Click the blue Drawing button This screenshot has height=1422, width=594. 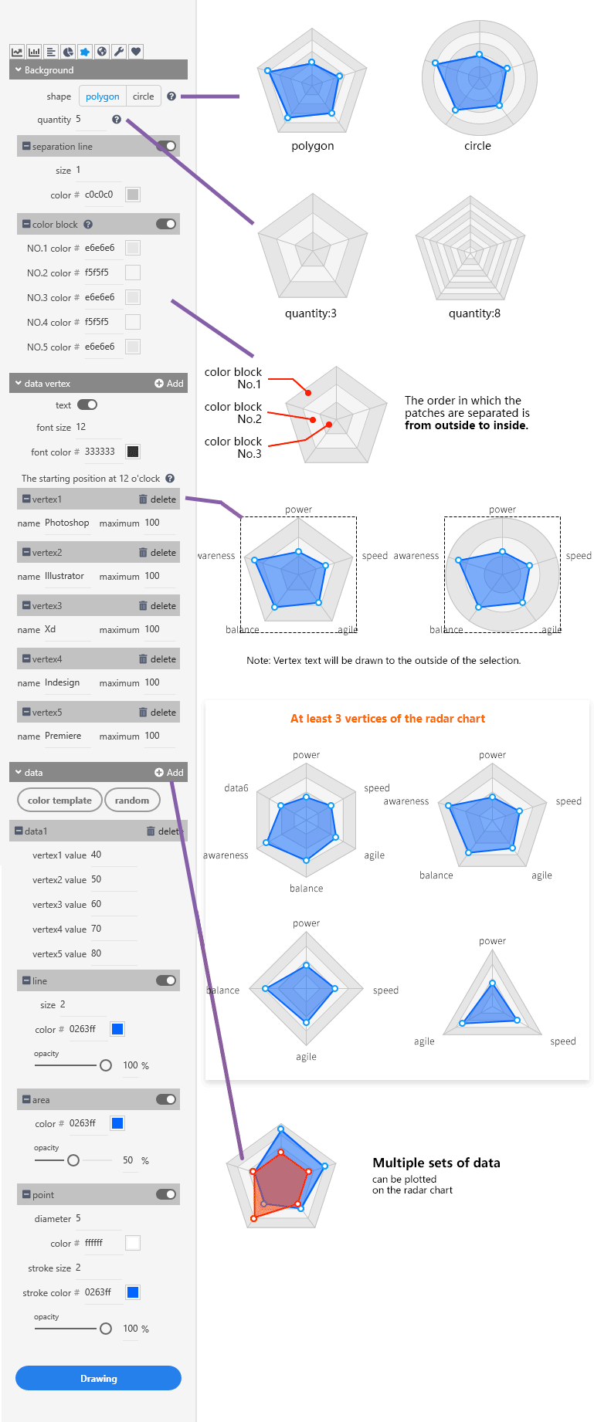98,1378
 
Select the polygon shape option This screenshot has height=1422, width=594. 102,96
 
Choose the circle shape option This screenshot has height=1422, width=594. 143,96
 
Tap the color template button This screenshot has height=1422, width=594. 59,801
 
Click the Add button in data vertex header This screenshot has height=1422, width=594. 169,384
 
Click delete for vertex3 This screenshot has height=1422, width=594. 158,606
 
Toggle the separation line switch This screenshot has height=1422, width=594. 166,146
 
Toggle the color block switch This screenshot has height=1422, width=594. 166,224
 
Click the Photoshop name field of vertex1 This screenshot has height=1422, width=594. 67,523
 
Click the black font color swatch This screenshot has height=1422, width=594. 133,452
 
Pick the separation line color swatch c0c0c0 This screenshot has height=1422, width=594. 133,195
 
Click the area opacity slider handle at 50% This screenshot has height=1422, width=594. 73,1160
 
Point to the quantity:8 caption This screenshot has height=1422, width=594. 474,313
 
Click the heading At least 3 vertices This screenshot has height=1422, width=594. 388,719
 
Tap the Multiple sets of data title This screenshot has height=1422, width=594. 436,1163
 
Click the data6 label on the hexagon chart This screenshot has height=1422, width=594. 236,788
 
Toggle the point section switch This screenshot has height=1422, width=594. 166,1194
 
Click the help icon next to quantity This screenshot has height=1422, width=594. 117,120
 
